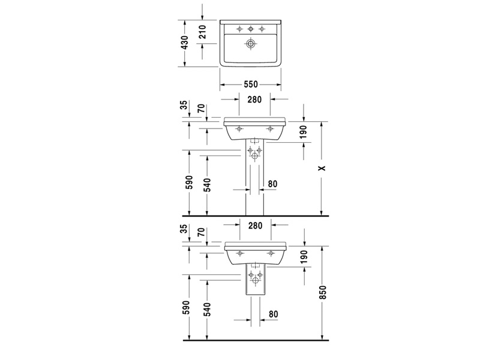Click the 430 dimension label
pyautogui.click(x=185, y=42)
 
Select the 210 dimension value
pyautogui.click(x=202, y=32)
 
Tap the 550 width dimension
pyautogui.click(x=251, y=84)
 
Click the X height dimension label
pyautogui.click(x=322, y=168)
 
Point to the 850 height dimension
pyautogui.click(x=323, y=293)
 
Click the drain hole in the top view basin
pyautogui.click(x=251, y=43)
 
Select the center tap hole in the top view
pyautogui.click(x=251, y=29)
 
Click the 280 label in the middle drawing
pyautogui.click(x=254, y=100)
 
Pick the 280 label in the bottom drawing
pyautogui.click(x=256, y=226)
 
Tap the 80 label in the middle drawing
pyautogui.click(x=272, y=184)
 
